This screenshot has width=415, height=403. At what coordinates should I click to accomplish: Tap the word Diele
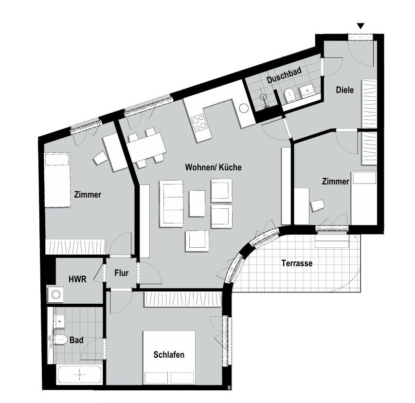pyautogui.click(x=344, y=90)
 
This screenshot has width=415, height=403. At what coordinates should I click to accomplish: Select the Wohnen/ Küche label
pyautogui.click(x=213, y=167)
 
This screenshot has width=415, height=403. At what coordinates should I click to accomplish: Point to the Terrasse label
pyautogui.click(x=297, y=263)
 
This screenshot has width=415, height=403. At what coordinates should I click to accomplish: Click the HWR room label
pyautogui.click(x=77, y=279)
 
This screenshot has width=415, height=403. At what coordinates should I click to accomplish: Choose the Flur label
pyautogui.click(x=122, y=273)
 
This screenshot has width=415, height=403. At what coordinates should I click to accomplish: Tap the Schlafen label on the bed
pyautogui.click(x=169, y=354)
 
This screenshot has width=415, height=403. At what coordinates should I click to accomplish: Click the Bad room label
pyautogui.click(x=76, y=340)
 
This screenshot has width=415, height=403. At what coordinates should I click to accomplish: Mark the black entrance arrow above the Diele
pyautogui.click(x=361, y=26)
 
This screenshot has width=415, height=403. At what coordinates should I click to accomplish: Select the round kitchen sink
pyautogui.click(x=244, y=108)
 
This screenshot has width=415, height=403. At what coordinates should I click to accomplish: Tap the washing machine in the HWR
pyautogui.click(x=55, y=294)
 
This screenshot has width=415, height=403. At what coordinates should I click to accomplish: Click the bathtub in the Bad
pyautogui.click(x=79, y=375)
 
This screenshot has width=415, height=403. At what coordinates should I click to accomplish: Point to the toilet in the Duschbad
pyautogui.click(x=289, y=95)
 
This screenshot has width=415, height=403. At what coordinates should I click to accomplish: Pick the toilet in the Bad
pyautogui.click(x=60, y=339)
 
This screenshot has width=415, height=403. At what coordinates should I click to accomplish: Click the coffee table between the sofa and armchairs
pyautogui.click(x=197, y=203)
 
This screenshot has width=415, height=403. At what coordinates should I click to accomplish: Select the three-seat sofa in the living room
pyautogui.click(x=171, y=203)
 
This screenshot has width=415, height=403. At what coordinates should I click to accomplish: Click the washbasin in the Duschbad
pyautogui.click(x=307, y=90)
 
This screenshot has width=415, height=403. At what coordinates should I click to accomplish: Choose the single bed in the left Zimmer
pyautogui.click(x=57, y=180)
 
